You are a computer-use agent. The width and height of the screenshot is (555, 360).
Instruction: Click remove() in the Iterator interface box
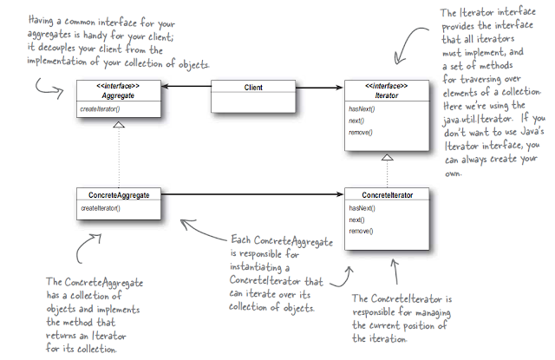click(x=361, y=131)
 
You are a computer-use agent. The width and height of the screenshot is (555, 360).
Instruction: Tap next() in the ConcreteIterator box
click(x=356, y=220)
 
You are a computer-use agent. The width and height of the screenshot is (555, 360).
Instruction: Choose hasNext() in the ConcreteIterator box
click(x=362, y=208)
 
